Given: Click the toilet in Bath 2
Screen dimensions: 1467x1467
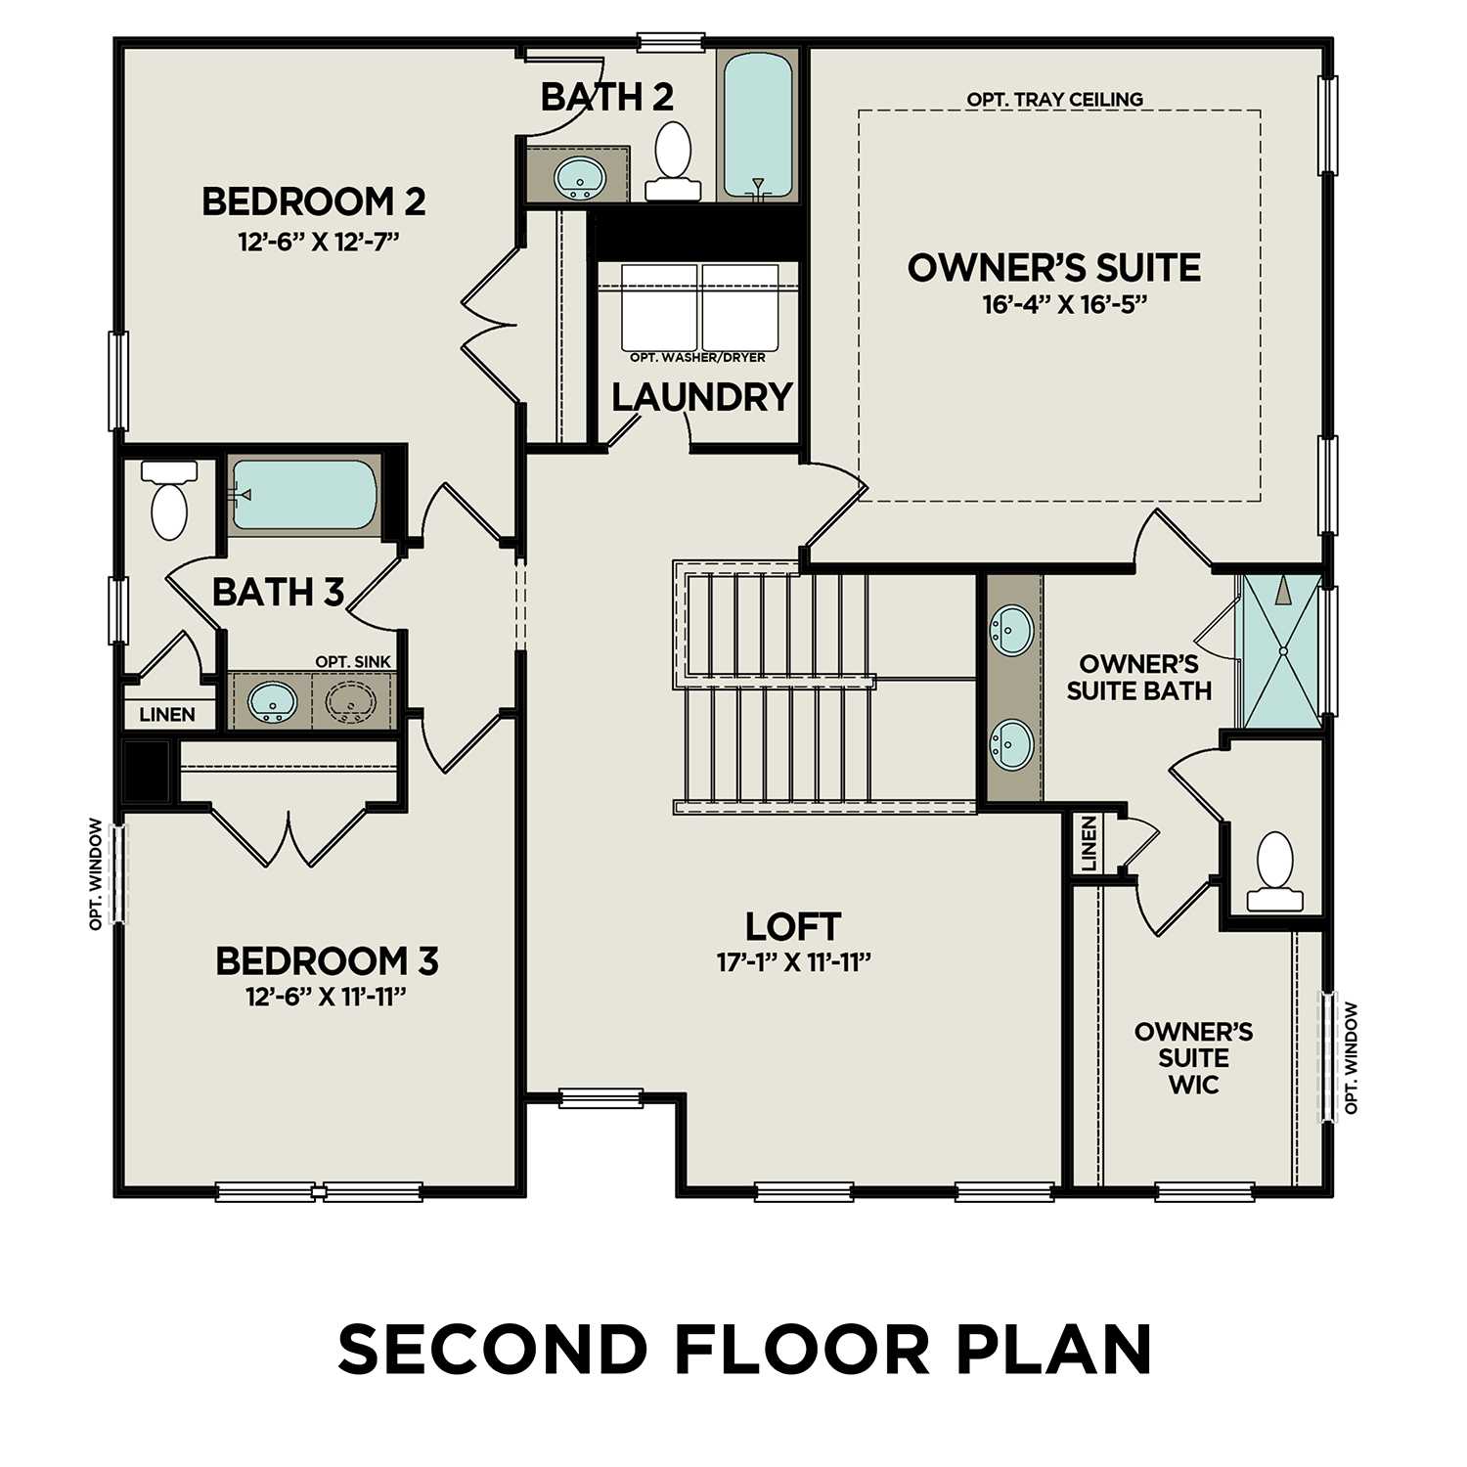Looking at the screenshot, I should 673,161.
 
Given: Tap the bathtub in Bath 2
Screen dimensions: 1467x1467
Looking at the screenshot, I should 757,125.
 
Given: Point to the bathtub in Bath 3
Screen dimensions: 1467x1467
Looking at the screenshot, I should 304,494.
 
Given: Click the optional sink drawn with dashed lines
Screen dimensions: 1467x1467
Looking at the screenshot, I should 350,701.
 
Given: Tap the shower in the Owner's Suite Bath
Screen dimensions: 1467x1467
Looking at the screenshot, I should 1281,650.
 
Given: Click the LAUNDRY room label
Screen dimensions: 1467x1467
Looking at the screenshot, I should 701,397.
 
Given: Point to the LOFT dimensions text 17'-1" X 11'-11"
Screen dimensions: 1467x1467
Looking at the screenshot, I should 793,962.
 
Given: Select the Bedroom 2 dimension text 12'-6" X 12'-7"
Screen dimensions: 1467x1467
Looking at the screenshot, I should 320,241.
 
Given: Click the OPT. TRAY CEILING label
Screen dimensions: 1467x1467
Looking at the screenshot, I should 1054,100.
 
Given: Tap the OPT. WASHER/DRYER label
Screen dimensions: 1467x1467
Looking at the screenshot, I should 697,357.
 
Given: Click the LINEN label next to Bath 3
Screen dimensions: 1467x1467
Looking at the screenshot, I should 166,715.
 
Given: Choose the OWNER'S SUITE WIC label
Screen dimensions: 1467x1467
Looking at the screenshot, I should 1193,1058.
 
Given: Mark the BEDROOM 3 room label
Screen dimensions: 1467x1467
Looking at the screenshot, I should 327,960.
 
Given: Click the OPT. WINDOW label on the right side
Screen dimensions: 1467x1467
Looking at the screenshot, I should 1352,1058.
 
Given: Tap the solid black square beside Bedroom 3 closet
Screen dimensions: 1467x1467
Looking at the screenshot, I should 147,772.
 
